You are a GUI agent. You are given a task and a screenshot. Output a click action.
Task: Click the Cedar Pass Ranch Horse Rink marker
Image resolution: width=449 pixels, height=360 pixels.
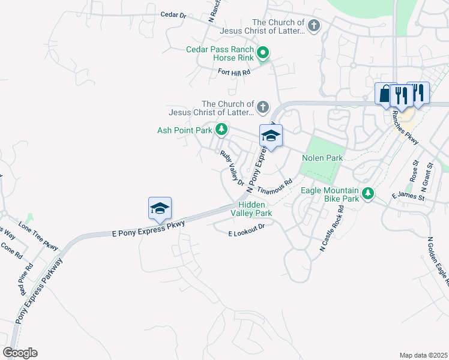point(262,54)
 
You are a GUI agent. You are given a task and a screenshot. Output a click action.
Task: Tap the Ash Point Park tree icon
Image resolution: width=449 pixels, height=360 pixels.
point(222,130)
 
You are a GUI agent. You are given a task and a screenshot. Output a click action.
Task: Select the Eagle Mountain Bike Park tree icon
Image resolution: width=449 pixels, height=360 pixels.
point(368,193)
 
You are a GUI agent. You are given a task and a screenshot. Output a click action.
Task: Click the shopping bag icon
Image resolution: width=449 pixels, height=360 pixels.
point(385,94)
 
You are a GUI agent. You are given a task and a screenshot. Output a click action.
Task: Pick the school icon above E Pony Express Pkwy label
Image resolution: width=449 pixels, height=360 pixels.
point(160,208)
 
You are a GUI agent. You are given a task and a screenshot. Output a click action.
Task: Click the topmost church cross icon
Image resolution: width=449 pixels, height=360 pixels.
point(314,26)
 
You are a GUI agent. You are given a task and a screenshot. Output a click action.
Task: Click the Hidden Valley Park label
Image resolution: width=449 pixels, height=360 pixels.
point(252,209)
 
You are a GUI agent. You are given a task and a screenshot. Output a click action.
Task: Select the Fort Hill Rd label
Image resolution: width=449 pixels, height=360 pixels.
point(234,71)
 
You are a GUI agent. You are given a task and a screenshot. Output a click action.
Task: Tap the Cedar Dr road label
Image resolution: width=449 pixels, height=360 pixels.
point(173,14)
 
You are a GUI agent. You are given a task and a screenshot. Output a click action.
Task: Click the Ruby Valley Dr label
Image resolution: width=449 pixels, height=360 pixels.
point(232,168)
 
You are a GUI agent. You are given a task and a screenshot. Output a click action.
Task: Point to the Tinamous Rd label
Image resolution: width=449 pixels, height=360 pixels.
point(274,186)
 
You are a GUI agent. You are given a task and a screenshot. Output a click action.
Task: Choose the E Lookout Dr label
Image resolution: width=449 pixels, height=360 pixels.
point(247,230)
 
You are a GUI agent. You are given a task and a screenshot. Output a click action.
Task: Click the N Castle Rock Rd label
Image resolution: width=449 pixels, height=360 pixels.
point(332,227)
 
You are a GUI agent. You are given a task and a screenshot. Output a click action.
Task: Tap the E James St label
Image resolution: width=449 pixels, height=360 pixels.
point(408,196)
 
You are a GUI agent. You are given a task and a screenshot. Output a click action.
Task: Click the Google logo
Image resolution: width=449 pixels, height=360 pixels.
point(20,353)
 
